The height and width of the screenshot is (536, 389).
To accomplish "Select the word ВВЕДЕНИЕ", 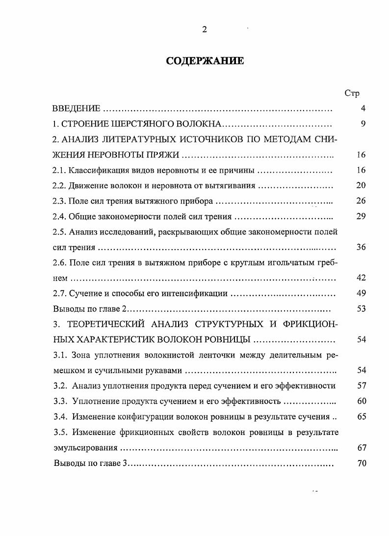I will coord(77,108).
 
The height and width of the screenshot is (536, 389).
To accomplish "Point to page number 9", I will coord(363,124).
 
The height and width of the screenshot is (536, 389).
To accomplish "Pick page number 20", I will coord(361,186).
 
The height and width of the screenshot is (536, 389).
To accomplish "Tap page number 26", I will coord(361,201).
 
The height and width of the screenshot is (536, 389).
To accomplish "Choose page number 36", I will coord(361,247).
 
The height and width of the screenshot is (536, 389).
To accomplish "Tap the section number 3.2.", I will coord(59,386).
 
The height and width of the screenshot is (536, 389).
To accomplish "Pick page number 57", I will coord(361,386).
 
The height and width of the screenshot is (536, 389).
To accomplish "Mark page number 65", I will coord(361,417).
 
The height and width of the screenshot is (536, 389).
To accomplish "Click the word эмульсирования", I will coord(85,448).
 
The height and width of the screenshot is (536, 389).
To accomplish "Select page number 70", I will coord(361,463).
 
